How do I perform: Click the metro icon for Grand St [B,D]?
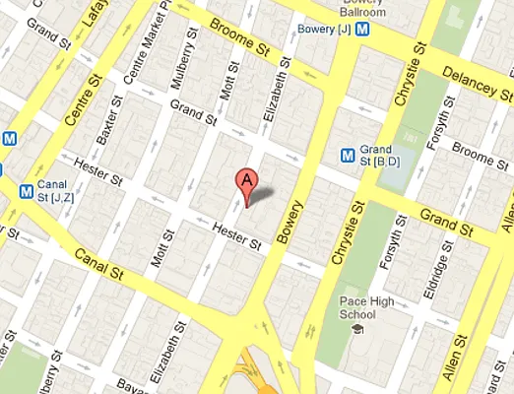pyautogui.click(x=347, y=153)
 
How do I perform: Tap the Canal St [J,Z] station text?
pyautogui.click(x=63, y=190)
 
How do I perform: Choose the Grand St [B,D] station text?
pyautogui.click(x=378, y=153)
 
